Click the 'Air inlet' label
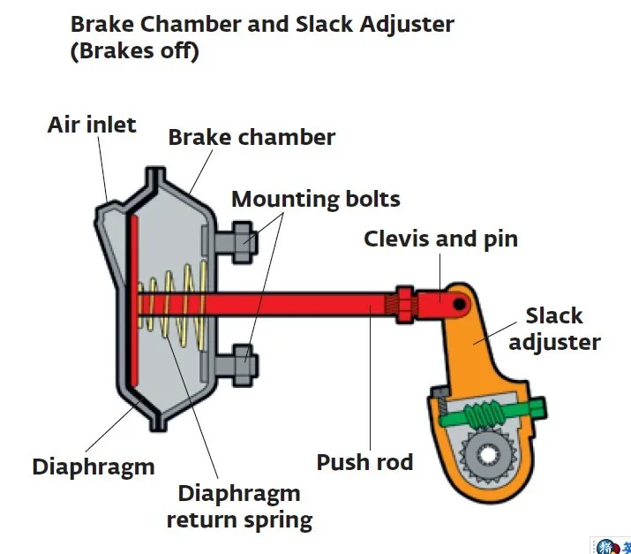tap(92, 124)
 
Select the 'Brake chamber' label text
tap(252, 138)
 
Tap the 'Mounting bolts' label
tap(315, 199)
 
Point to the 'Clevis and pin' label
tap(440, 239)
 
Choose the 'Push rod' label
tap(364, 461)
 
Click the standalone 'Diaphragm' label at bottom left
tap(93, 466)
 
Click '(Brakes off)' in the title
tap(134, 52)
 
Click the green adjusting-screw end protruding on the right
tap(537, 407)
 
